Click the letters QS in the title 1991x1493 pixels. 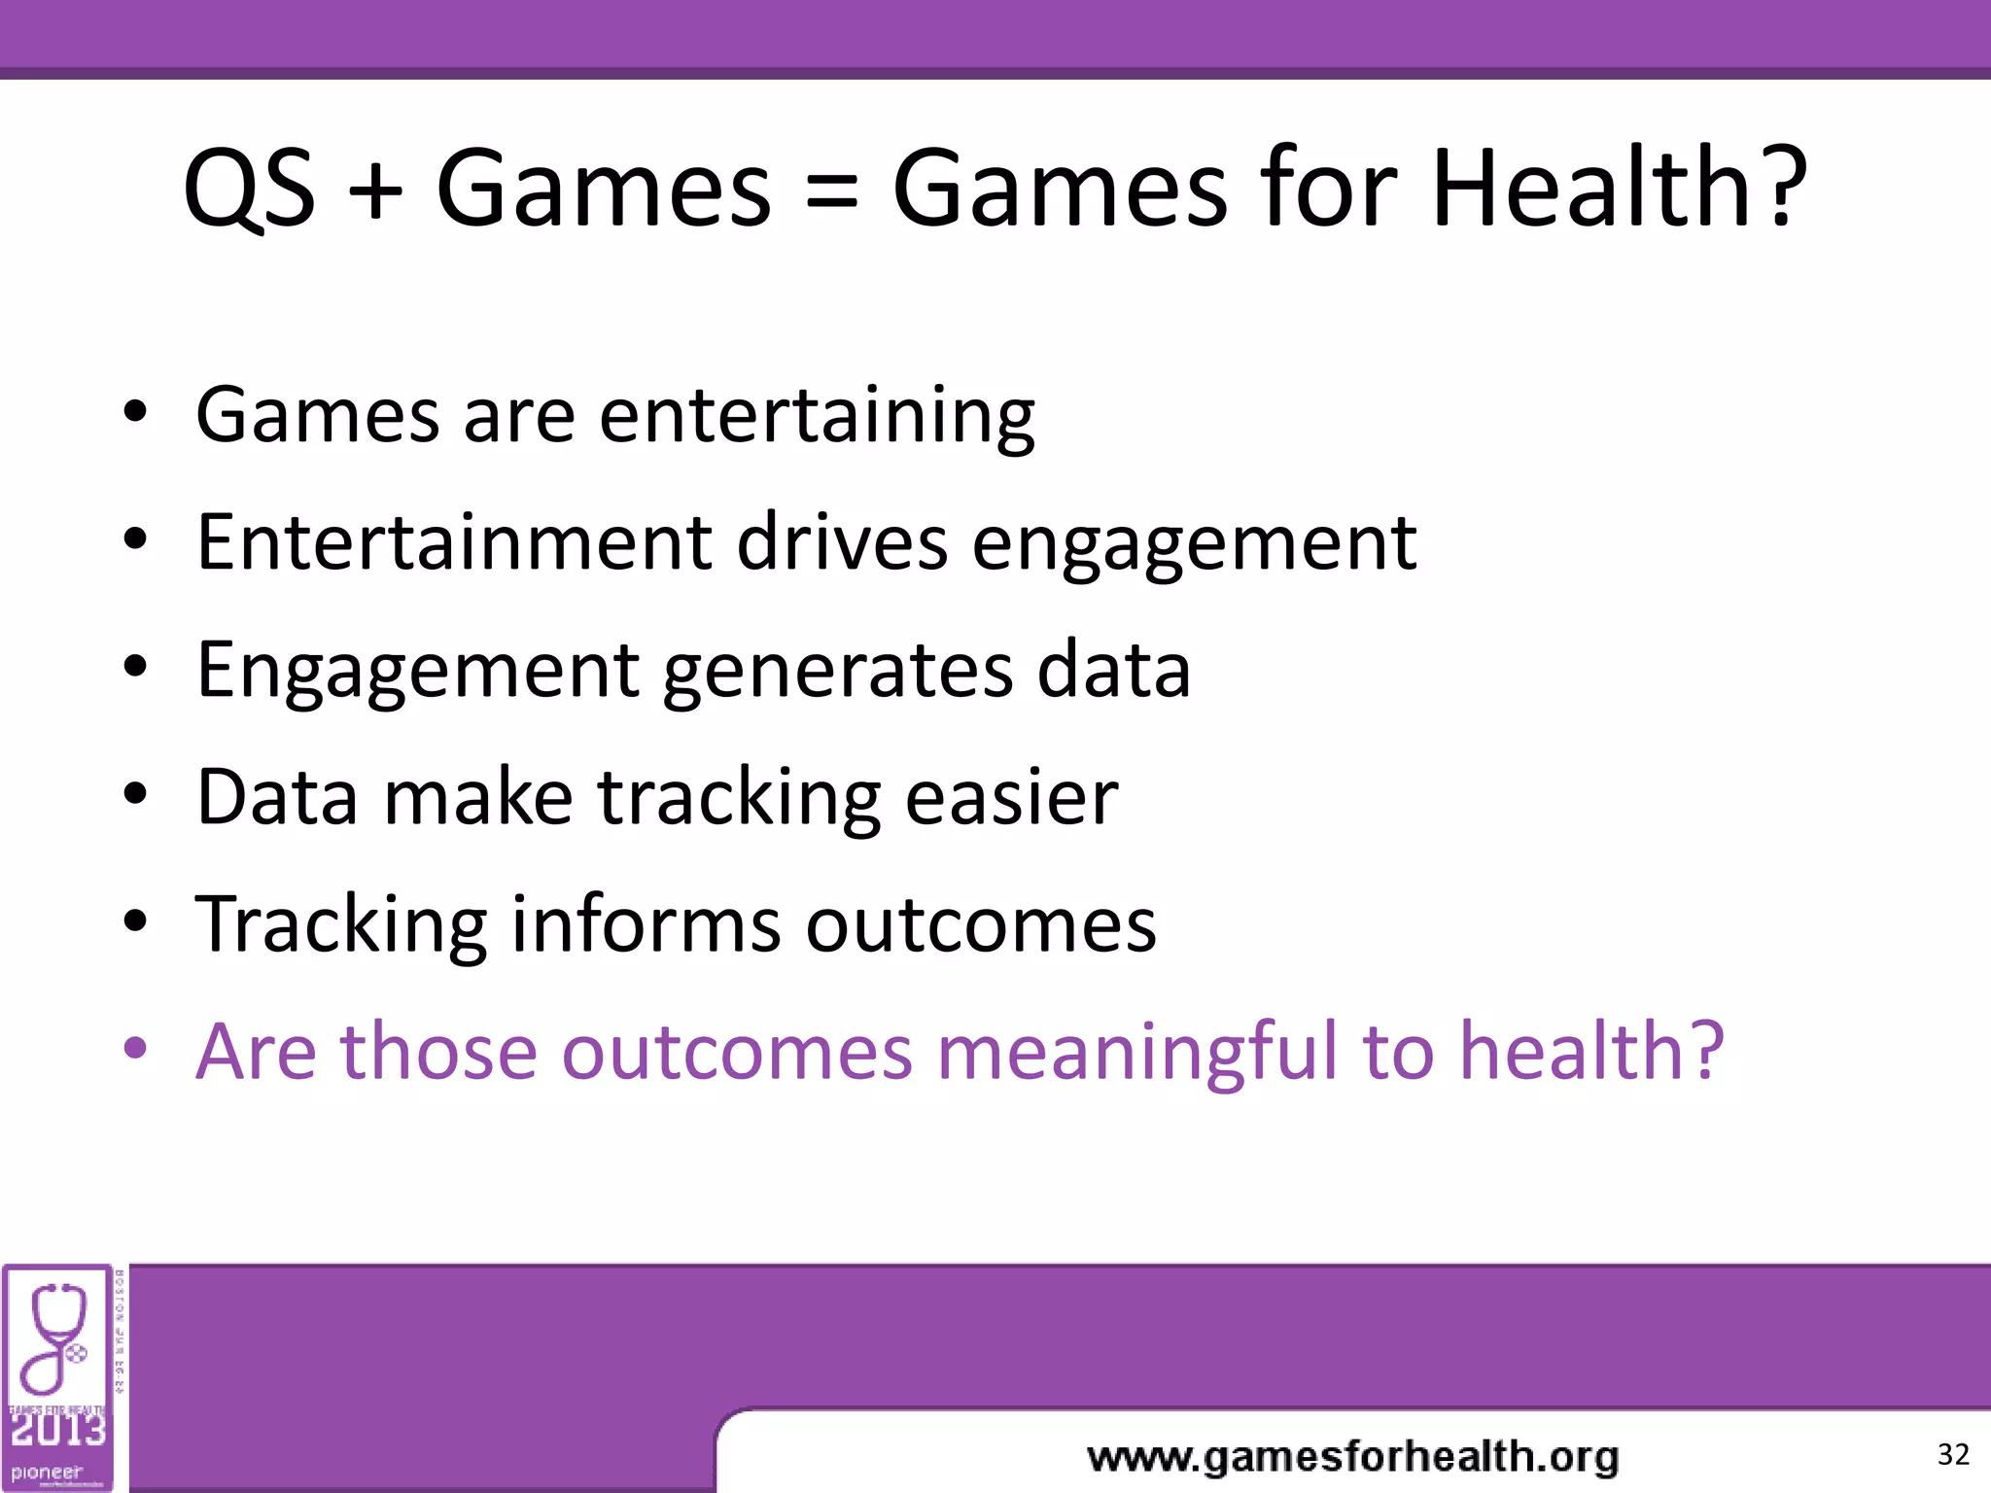coord(249,190)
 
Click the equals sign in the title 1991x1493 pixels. coord(832,194)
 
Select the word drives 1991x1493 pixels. coord(842,541)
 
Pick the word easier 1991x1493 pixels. coord(1011,797)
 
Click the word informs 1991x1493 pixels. coord(646,923)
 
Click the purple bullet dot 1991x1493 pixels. coord(135,1049)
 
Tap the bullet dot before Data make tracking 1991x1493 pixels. coord(135,794)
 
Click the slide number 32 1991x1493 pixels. coord(1952,1454)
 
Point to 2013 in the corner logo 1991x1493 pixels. coord(56,1429)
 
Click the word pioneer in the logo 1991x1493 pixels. coord(47,1472)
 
